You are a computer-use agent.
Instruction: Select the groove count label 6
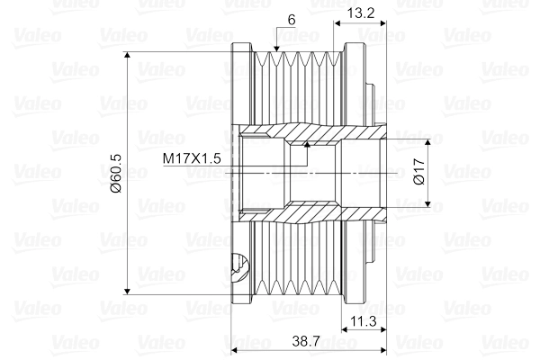click(x=292, y=20)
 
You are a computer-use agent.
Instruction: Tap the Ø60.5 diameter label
click(x=115, y=174)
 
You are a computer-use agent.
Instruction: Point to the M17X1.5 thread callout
click(x=192, y=158)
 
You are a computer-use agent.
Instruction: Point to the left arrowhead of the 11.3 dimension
click(x=344, y=330)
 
